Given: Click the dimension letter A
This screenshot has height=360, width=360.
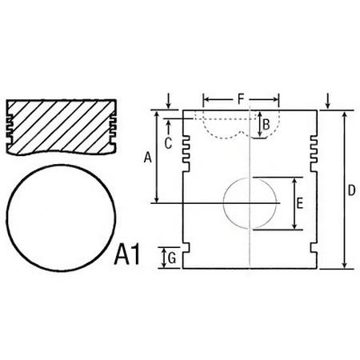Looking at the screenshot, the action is coord(147,157).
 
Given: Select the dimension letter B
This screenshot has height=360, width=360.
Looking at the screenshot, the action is coord(266,125).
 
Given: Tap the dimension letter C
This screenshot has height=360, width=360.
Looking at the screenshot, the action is coord(168,144).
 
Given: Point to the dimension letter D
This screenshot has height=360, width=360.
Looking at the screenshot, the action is coord(352,190).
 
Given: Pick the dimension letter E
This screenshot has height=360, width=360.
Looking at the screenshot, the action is coord(300,203).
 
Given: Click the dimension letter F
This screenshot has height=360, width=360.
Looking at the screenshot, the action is coord(241,99).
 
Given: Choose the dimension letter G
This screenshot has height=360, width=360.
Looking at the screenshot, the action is coord(172,258).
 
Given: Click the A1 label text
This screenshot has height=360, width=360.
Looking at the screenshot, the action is coord(127,255).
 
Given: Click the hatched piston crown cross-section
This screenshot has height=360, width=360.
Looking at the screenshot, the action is coord(62,127).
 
